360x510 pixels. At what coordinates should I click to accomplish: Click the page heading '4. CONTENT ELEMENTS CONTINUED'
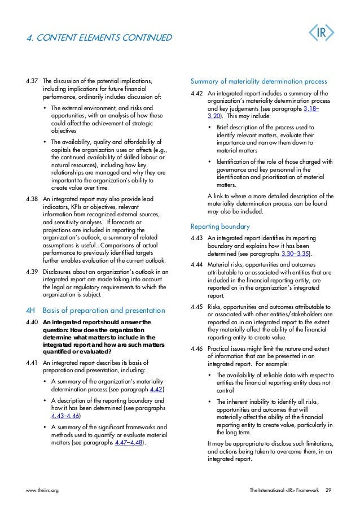coord(99,38)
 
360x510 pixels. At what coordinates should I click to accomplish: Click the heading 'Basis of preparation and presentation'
coord(104,311)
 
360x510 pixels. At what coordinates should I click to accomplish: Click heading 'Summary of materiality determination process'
coord(259,81)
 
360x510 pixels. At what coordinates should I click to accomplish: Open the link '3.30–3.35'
coord(296,254)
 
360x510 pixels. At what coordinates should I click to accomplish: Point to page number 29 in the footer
coord(328,490)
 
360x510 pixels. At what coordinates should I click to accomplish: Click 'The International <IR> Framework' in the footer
coord(284,490)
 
